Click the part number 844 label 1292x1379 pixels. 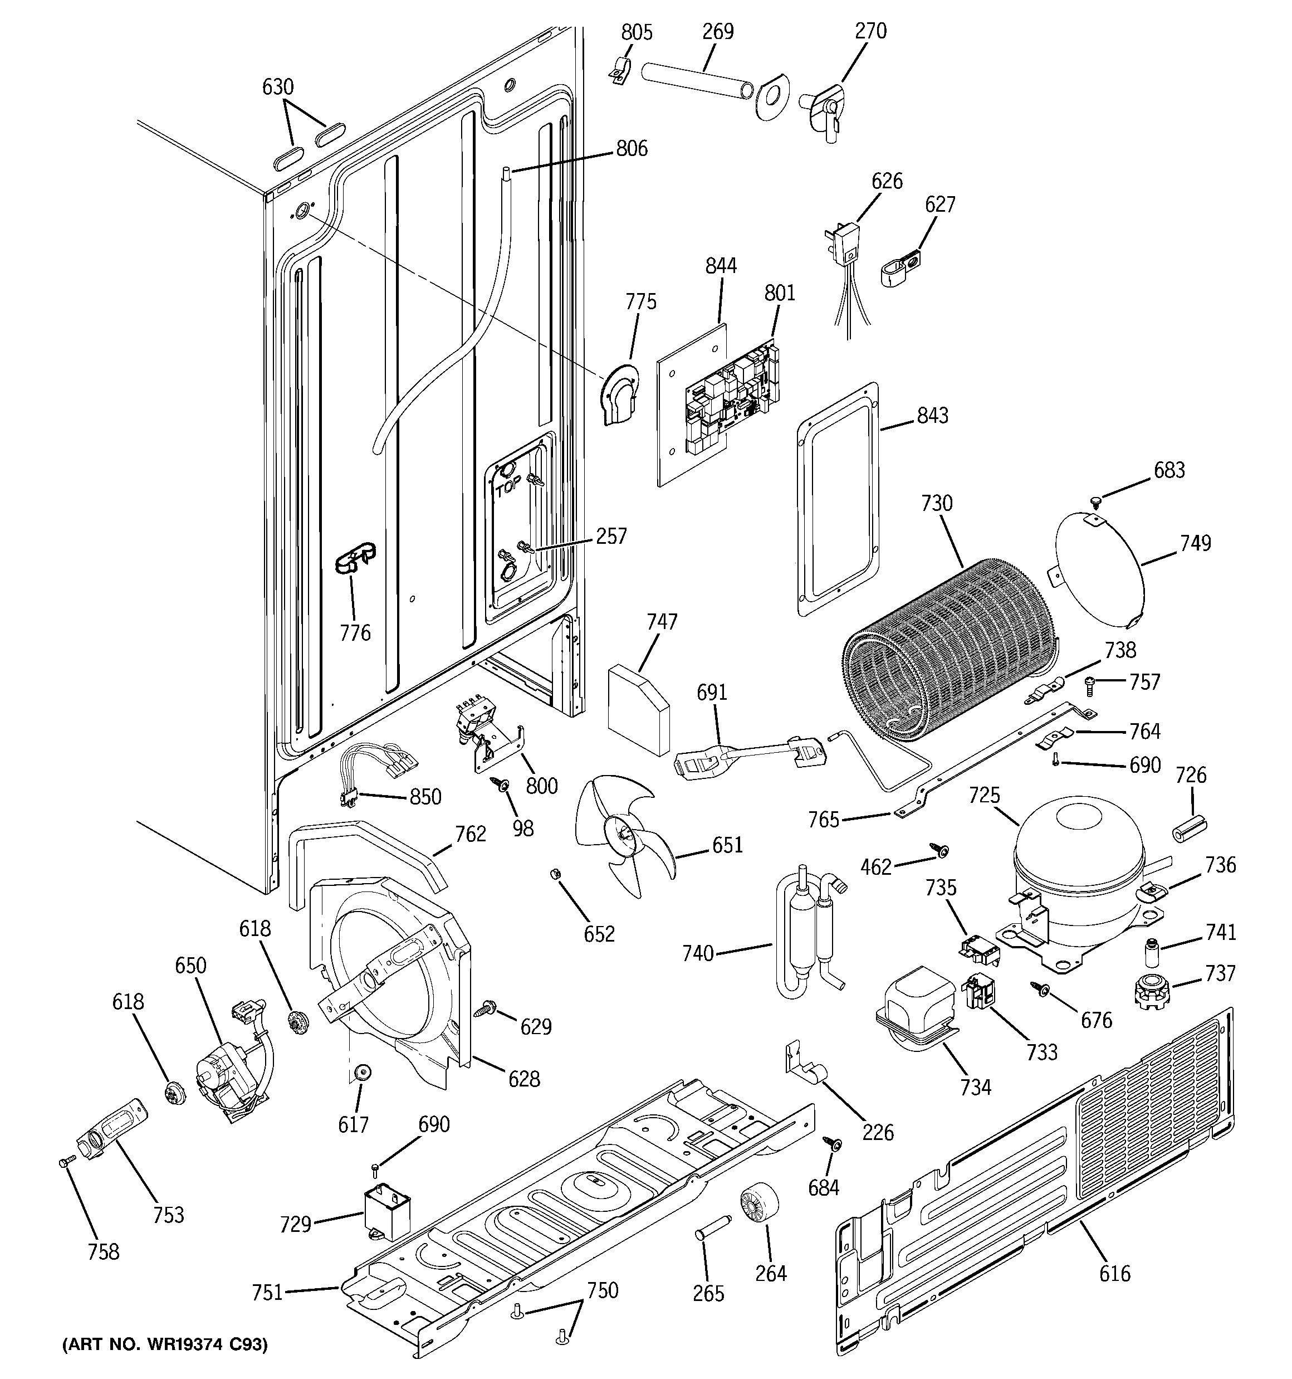pyautogui.click(x=721, y=266)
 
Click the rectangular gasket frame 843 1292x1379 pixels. pyautogui.click(x=839, y=499)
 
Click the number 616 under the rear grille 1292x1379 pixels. pyautogui.click(x=1114, y=1274)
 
